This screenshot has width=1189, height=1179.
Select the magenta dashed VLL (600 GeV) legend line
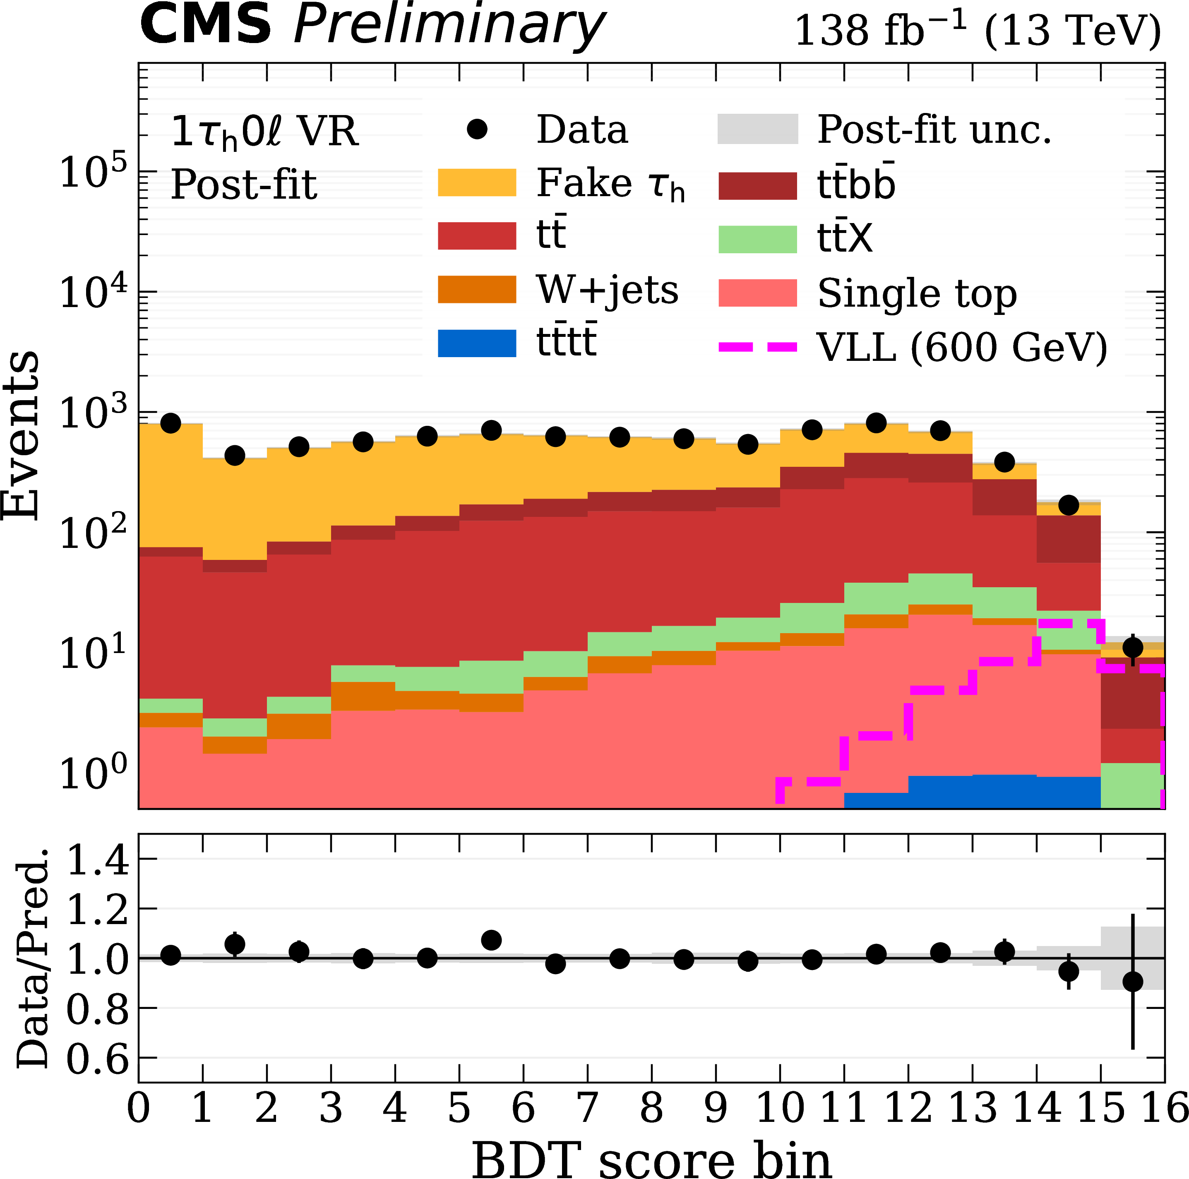point(758,347)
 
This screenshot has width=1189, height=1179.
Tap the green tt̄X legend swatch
point(758,239)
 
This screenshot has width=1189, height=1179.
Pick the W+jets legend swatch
point(476,289)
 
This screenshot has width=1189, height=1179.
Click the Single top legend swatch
point(758,293)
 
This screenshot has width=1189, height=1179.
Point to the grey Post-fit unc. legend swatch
point(758,129)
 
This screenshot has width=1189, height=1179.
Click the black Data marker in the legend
point(477,129)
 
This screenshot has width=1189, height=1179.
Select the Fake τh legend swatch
point(476,183)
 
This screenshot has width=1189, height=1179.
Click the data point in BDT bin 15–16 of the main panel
point(1132,647)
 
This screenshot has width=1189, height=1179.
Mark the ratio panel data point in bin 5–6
point(491,940)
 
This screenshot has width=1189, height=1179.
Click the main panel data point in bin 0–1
point(171,423)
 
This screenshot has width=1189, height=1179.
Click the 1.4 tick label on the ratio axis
point(97,860)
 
